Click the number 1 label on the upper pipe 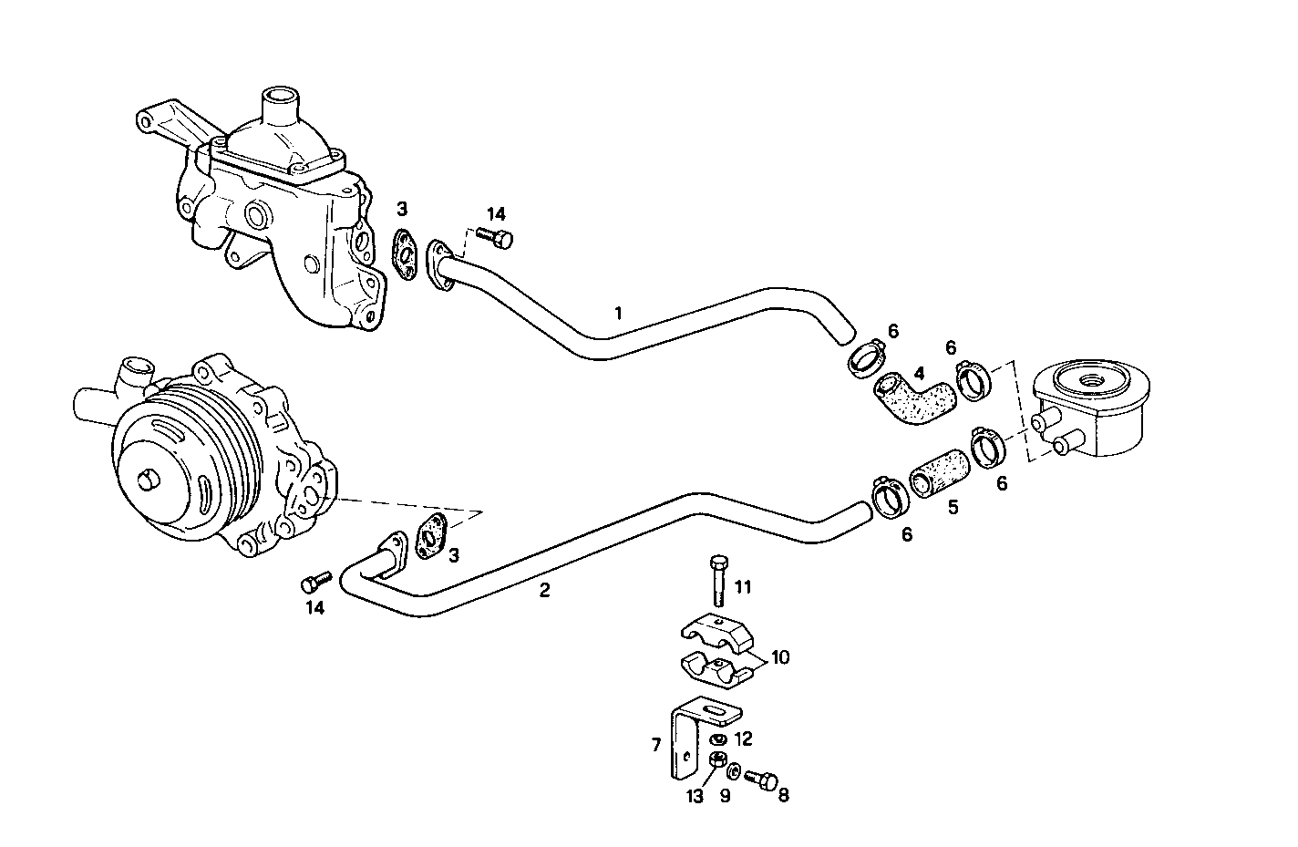coord(619,313)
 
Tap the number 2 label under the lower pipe coord(544,590)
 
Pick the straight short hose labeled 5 coord(936,471)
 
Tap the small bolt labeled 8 coord(759,780)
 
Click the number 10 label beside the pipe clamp coord(779,656)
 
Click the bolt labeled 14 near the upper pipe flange coord(500,239)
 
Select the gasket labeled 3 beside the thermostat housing coord(404,251)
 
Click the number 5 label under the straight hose coord(953,508)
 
